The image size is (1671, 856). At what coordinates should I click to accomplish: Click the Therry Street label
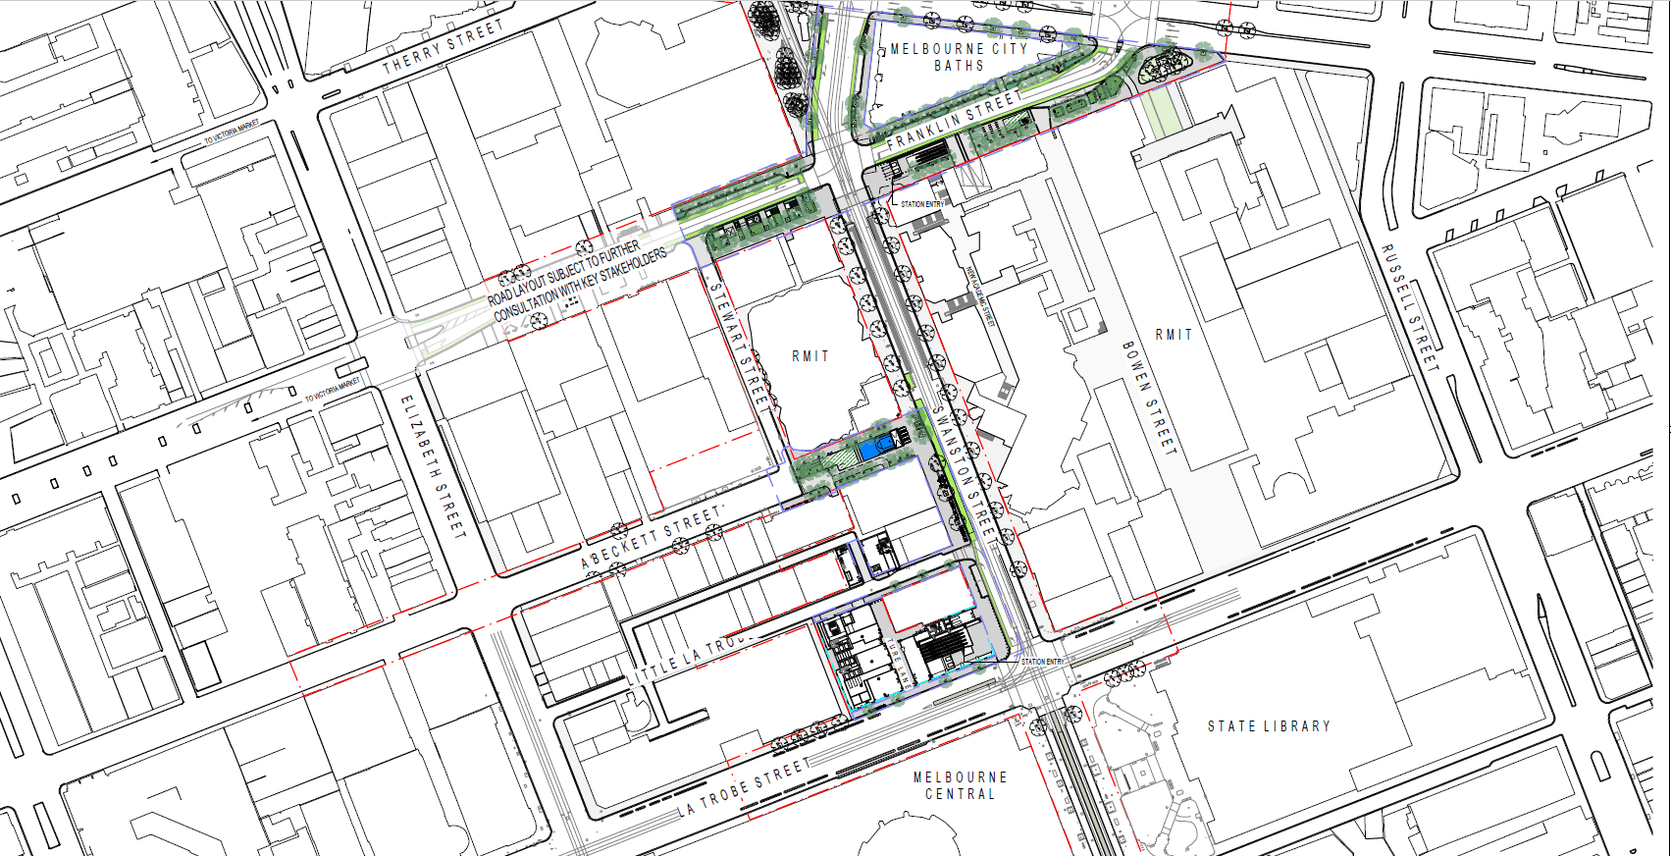(443, 47)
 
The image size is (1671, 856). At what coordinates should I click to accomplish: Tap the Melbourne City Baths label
(959, 57)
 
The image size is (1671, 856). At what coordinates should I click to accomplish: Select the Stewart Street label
(739, 344)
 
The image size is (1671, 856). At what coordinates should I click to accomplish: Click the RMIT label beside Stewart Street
(810, 356)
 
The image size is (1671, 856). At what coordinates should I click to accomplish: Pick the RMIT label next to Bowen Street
(1174, 335)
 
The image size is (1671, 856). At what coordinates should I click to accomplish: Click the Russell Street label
(1410, 307)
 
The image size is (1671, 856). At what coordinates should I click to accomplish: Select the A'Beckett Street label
(652, 537)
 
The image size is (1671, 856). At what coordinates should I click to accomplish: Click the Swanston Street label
(965, 472)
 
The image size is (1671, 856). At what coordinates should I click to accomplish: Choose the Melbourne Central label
(960, 785)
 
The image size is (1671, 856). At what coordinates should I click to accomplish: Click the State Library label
(1269, 726)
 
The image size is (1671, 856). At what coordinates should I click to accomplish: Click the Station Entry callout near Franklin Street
(921, 204)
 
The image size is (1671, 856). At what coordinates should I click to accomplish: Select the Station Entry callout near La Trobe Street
(1042, 662)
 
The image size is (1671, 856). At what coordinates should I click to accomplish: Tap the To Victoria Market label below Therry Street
(232, 133)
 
